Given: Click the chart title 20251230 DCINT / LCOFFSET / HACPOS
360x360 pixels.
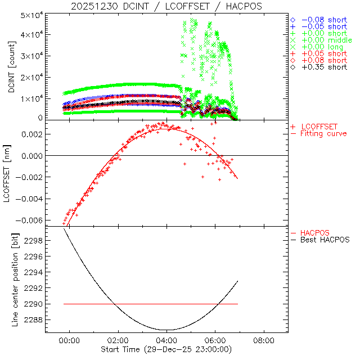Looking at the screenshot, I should [x=166, y=6].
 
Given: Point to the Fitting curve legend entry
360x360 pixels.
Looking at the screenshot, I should [x=323, y=134].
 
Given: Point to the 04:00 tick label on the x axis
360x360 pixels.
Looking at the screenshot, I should [x=167, y=341].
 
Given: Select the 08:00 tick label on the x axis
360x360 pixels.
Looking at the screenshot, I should [x=264, y=341].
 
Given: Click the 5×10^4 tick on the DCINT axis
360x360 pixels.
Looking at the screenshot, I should [x=32, y=14].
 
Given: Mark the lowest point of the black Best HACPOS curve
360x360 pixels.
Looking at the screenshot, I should [x=167, y=330].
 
